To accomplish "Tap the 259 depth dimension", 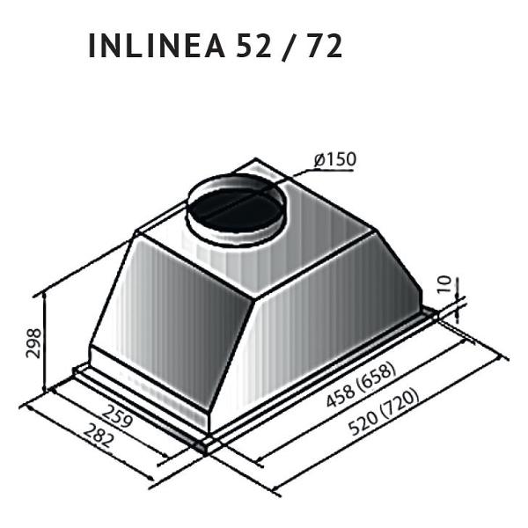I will pyautogui.click(x=117, y=416).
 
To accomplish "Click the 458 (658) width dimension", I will pyautogui.click(x=360, y=388).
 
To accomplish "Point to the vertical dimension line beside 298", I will pyautogui.click(x=45, y=343).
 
